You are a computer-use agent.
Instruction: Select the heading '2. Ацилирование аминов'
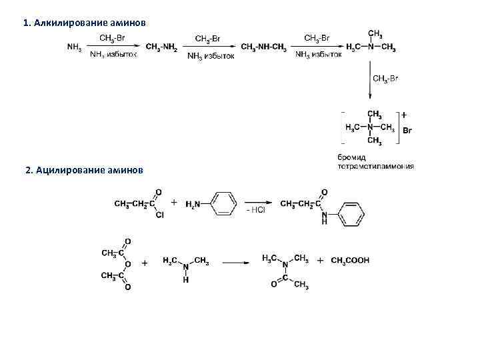tap(83, 170)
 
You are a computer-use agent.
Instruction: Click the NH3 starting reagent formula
tap(75, 47)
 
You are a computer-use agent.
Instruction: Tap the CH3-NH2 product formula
tap(161, 47)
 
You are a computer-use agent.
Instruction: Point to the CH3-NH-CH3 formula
tap(263, 47)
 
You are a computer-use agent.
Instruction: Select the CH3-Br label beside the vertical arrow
tap(386, 79)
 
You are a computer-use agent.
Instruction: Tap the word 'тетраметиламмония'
tap(376, 166)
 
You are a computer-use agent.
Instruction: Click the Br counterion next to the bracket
tap(407, 131)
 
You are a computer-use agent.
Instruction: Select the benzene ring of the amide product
tap(352, 213)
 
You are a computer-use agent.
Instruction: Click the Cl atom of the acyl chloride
tap(159, 215)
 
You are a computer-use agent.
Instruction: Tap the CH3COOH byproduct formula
tap(350, 261)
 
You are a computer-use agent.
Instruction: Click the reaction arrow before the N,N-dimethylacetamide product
tap(236, 263)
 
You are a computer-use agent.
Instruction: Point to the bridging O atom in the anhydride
tap(127, 263)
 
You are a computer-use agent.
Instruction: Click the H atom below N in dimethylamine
tap(186, 281)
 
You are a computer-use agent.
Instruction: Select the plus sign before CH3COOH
tap(321, 260)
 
